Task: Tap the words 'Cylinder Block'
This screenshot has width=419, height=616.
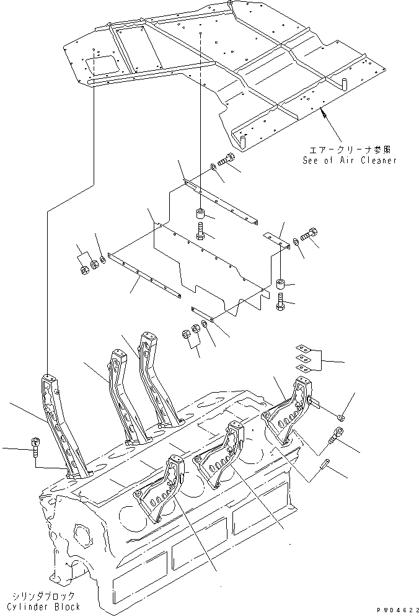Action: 44,607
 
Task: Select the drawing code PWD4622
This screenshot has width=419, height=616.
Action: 394,610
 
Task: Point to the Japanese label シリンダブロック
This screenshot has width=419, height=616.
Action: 44,595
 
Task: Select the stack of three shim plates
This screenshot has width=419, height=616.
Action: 302,358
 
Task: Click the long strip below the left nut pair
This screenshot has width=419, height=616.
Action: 144,273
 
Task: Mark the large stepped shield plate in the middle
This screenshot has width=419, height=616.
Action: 211,261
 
